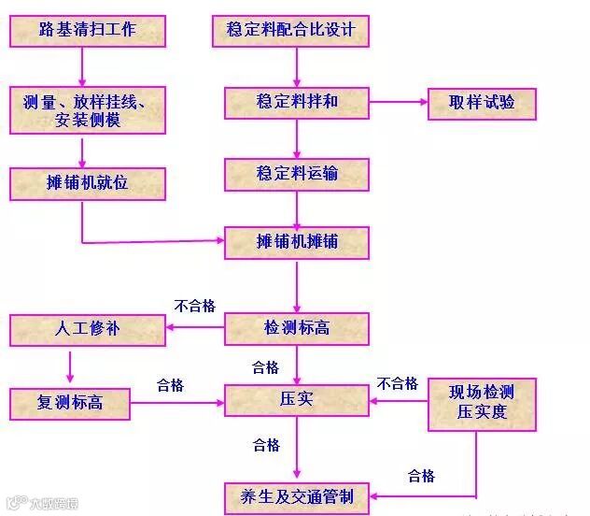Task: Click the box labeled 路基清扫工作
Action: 88,31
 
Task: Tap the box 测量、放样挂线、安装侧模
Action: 88,109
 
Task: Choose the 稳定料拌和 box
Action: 297,102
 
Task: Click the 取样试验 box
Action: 482,102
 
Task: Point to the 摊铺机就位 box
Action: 88,183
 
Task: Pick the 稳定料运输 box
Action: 297,174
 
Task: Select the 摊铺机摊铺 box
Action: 297,242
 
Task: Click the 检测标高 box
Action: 297,328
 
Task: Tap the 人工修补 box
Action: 88,329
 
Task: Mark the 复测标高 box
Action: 70,404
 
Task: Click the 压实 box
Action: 297,400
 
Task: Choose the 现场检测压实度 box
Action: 483,403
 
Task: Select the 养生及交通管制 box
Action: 297,496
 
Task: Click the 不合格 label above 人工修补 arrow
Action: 194,306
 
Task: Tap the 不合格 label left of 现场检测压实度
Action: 397,383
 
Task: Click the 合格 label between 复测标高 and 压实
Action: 170,385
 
